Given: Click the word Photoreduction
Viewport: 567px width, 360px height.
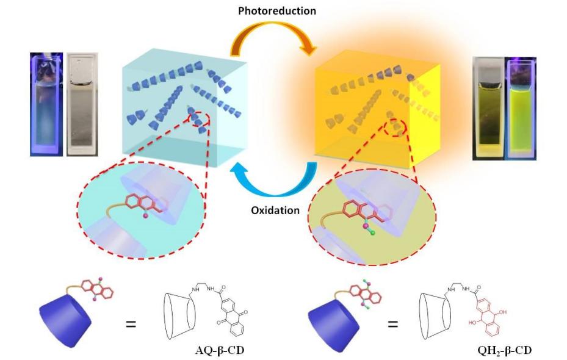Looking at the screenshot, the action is pyautogui.click(x=276, y=11).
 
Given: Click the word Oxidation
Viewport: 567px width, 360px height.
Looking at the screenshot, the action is pyautogui.click(x=275, y=211).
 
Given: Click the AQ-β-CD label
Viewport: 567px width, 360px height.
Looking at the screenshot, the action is pyautogui.click(x=220, y=350).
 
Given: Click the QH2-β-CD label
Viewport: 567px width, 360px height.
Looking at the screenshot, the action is pyautogui.click(x=505, y=350).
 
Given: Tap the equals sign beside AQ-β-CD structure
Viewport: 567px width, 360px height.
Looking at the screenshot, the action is pyautogui.click(x=131, y=323).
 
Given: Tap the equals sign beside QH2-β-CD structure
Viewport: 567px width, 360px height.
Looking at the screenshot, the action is pyautogui.click(x=392, y=323).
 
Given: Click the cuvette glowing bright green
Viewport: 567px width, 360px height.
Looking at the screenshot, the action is pyautogui.click(x=522, y=108).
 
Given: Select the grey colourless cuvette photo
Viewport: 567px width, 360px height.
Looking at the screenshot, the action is pyautogui.click(x=82, y=104).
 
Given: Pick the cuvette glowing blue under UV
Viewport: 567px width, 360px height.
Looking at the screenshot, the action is pyautogui.click(x=46, y=104).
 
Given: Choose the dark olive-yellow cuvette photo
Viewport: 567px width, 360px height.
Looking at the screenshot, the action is pyautogui.click(x=489, y=108).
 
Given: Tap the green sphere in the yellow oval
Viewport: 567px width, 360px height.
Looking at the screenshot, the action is pyautogui.click(x=372, y=232).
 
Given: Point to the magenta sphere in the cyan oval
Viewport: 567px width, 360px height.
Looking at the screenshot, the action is pyautogui.click(x=146, y=216).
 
